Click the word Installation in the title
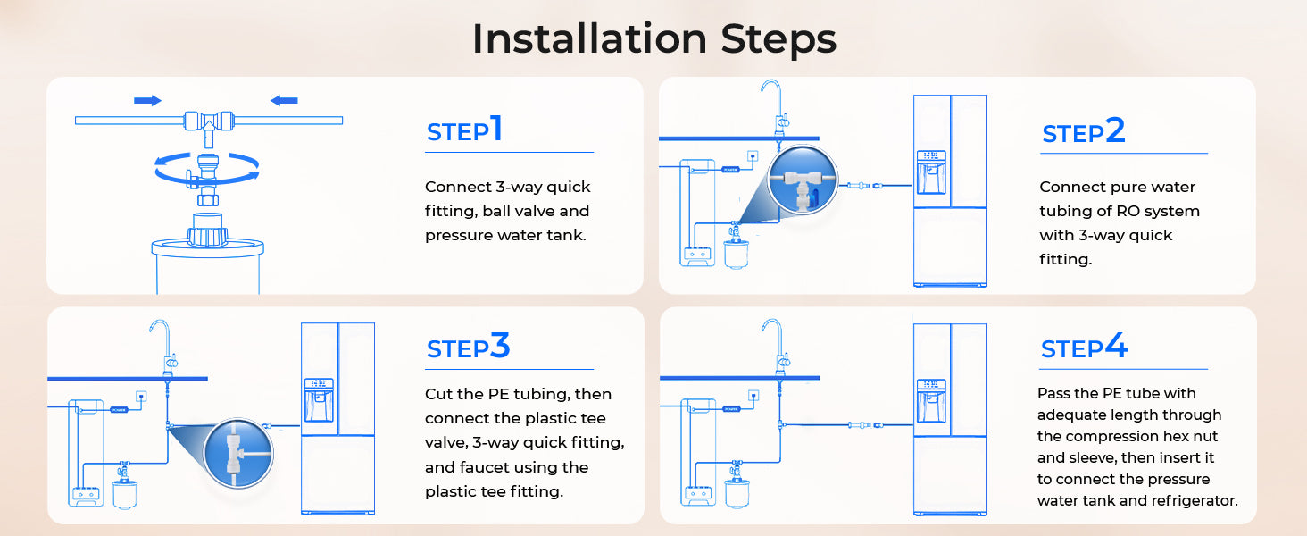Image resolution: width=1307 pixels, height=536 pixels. click(x=589, y=38)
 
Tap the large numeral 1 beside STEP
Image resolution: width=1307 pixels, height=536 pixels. click(x=496, y=128)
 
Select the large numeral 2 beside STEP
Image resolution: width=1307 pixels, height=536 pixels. click(x=1115, y=130)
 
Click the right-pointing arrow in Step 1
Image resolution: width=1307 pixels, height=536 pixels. click(x=147, y=100)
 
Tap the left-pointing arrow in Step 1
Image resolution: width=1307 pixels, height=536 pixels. click(x=284, y=100)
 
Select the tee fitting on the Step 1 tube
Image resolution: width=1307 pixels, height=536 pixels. click(x=209, y=126)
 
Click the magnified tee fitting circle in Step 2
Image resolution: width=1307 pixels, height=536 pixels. click(x=803, y=180)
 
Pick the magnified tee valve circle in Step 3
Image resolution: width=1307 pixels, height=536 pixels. click(x=238, y=453)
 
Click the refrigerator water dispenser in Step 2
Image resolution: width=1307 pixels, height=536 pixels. click(x=930, y=172)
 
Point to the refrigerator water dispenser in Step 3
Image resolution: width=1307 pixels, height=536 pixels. click(x=319, y=400)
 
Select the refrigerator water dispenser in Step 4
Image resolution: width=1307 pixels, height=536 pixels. click(x=930, y=400)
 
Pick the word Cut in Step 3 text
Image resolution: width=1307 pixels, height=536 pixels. click(x=438, y=394)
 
